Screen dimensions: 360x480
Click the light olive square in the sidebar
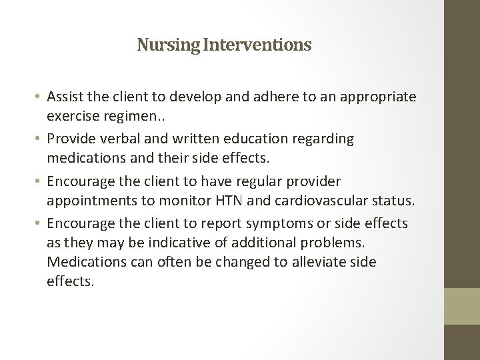[461, 306]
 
